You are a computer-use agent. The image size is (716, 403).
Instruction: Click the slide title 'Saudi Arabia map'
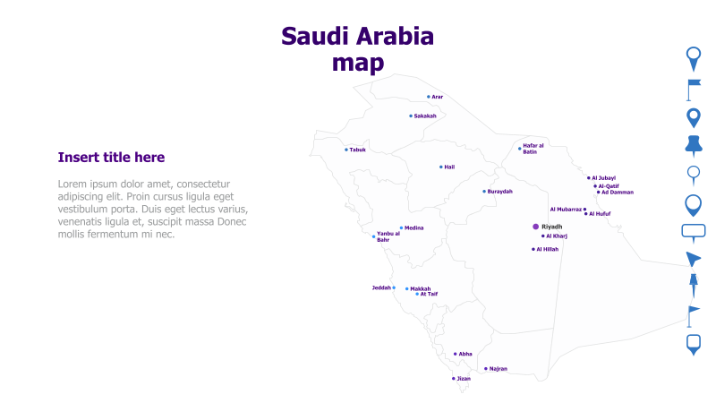[358, 49]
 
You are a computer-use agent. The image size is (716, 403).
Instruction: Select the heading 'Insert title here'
[111, 158]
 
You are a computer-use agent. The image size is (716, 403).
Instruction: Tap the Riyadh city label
[552, 227]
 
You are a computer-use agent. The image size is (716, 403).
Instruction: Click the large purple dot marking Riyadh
[536, 227]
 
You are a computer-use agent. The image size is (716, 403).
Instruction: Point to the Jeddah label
[381, 287]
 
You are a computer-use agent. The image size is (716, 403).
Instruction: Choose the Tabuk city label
[358, 150]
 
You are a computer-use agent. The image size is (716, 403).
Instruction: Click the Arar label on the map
[438, 97]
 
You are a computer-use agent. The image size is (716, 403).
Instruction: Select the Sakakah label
[425, 116]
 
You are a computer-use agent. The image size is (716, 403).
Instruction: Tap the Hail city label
[449, 167]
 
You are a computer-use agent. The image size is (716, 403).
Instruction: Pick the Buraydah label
[500, 191]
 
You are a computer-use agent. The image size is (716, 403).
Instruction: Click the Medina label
[414, 227]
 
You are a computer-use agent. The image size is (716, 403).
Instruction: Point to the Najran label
[499, 369]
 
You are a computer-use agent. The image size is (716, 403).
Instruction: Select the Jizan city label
[464, 379]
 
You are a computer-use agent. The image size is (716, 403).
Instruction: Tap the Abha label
[465, 354]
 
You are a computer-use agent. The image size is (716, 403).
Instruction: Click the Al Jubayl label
[604, 178]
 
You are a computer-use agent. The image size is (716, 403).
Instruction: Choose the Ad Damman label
[618, 192]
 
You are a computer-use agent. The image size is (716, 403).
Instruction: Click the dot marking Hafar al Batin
[520, 149]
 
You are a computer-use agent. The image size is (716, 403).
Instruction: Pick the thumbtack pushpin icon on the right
[693, 146]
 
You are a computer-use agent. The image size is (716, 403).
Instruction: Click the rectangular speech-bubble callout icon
[694, 232]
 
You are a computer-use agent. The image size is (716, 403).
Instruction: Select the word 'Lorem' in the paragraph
[73, 184]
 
